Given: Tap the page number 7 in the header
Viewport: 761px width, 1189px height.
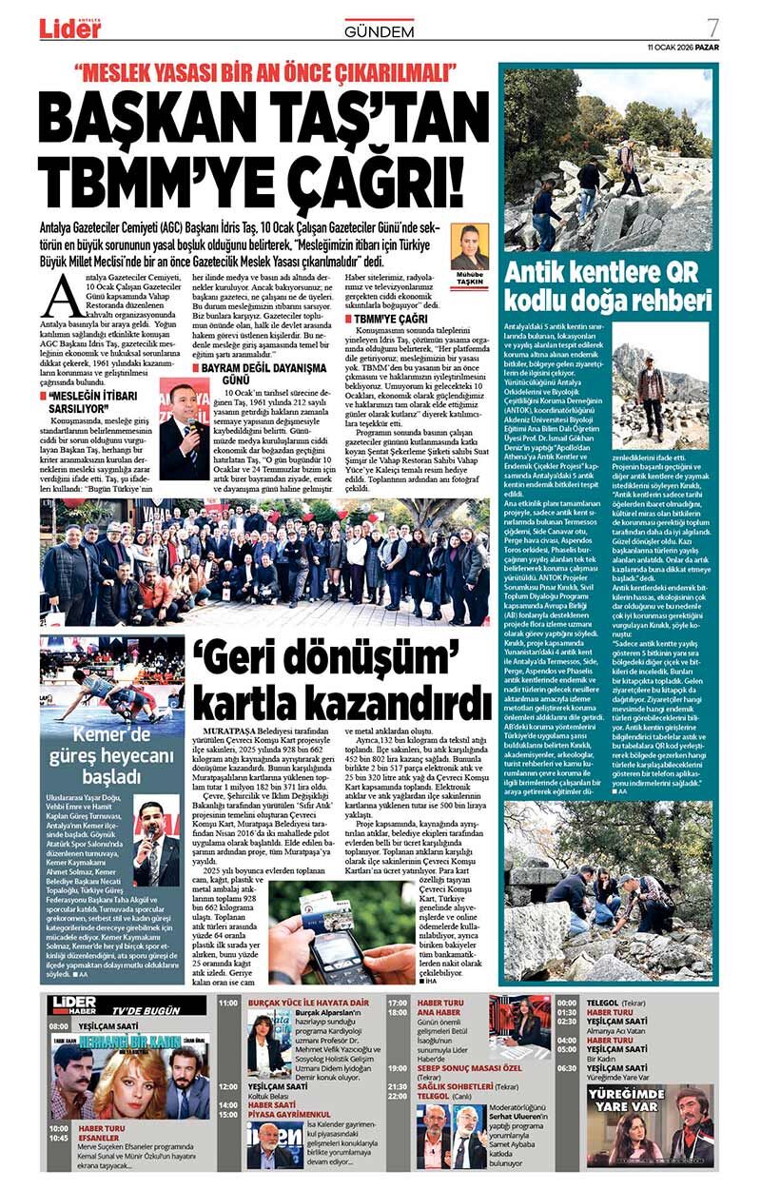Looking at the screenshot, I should [x=712, y=26].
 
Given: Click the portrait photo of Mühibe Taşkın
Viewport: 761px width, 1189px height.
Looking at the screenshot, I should [x=469, y=247].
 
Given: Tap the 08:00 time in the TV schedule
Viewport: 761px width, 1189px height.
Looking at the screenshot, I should [x=59, y=1026].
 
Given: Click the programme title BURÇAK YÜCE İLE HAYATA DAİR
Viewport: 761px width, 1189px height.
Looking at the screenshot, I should [x=308, y=1003].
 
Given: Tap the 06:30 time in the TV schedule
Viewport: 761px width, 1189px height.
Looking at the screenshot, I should [x=567, y=1067].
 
